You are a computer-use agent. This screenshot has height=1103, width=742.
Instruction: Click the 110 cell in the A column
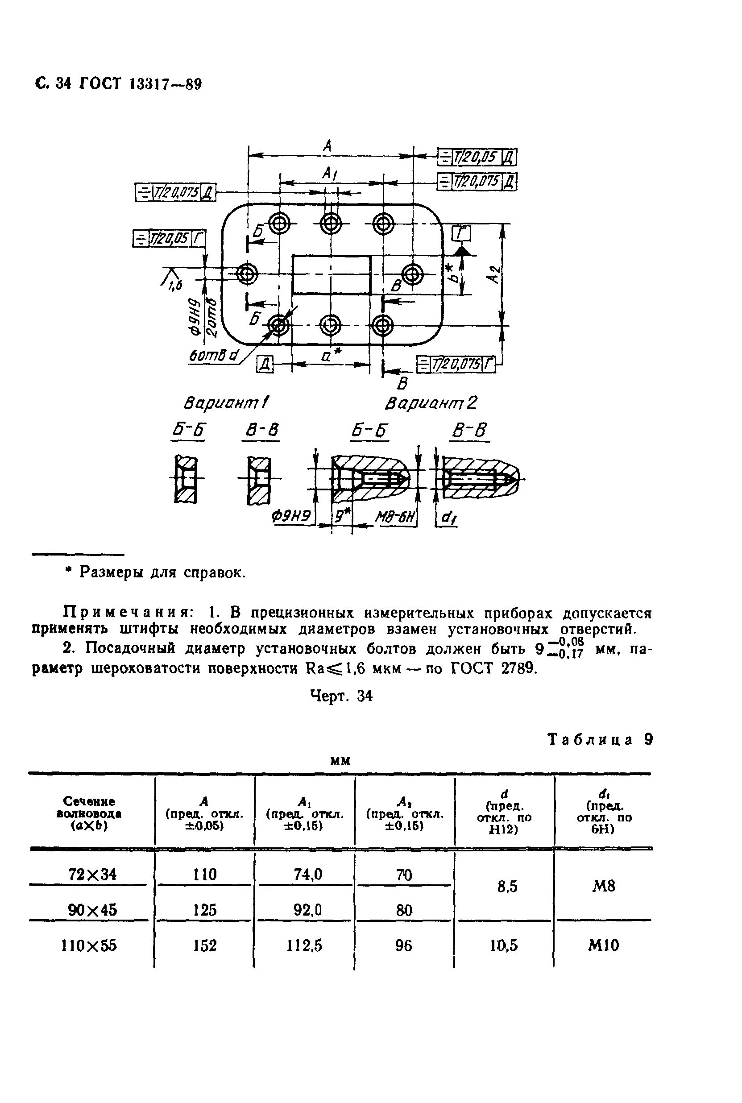(x=204, y=874)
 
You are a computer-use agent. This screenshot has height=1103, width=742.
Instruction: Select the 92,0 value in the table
(x=307, y=909)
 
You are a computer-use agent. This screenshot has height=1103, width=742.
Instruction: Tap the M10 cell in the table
(x=603, y=945)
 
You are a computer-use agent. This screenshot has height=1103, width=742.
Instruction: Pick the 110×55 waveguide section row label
(x=89, y=945)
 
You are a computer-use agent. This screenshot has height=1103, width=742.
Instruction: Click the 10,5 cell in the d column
(x=504, y=945)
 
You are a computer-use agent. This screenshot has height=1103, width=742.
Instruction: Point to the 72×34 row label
(x=92, y=874)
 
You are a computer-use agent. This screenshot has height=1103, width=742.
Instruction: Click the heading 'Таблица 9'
(x=600, y=740)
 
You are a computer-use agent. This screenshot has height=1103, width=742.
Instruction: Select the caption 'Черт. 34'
(x=341, y=696)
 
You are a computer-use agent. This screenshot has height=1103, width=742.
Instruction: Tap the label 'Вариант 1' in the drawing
(x=226, y=403)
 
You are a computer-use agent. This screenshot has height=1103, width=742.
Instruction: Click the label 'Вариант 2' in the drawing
(x=431, y=403)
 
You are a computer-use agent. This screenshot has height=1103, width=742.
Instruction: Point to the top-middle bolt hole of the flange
(x=331, y=222)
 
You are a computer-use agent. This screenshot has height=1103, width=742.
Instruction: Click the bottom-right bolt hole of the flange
(x=382, y=325)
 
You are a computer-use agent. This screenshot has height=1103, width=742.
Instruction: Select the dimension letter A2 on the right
(x=494, y=274)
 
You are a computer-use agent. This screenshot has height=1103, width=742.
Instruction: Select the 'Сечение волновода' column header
(x=89, y=813)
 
